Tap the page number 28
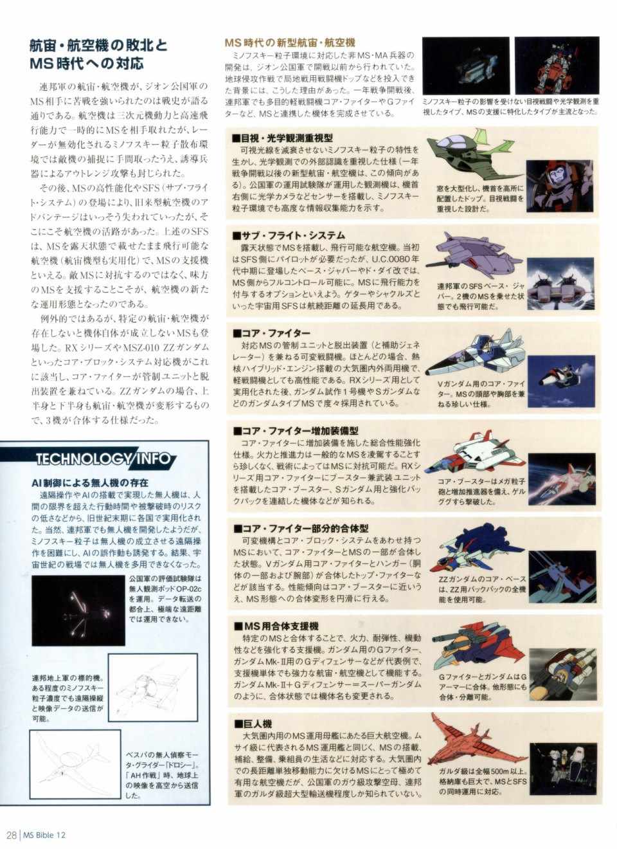pos(11,835)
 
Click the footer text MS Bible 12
pos(44,835)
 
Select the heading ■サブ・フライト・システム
pos(289,235)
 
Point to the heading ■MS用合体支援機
pos(276,626)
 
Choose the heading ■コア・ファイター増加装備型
pos(296,431)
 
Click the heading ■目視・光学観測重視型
pos(283,138)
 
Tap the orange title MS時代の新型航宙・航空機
pos(290,43)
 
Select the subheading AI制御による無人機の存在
pos(90,483)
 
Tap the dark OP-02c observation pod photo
pos(78,610)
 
